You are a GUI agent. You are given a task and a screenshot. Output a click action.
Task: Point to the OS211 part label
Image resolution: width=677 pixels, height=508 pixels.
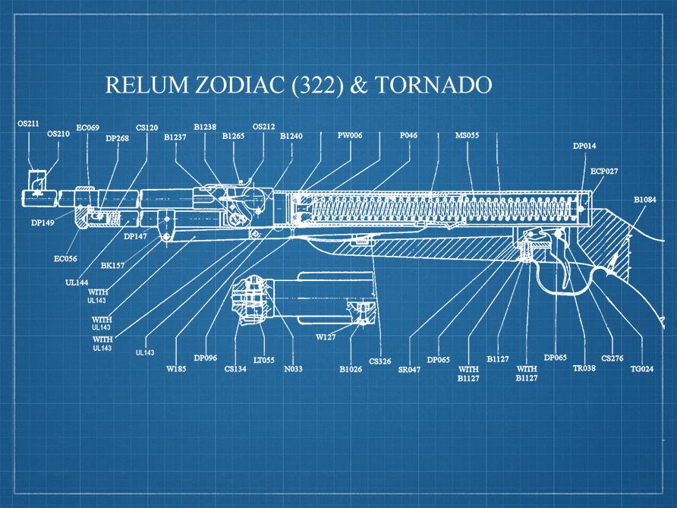tap(30, 123)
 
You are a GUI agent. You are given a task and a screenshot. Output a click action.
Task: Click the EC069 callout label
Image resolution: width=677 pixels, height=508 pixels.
tap(88, 128)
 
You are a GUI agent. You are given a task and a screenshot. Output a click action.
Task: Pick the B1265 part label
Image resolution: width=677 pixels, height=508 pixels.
tap(234, 137)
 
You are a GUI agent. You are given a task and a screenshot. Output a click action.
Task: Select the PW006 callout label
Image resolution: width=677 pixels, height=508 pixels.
tap(350, 136)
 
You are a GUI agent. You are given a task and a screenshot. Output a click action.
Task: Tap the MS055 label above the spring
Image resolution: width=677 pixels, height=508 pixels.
tap(467, 136)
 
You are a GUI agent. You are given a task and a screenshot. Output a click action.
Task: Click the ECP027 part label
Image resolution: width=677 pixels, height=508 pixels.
tap(604, 172)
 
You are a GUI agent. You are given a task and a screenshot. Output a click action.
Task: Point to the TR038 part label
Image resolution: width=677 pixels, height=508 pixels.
tap(584, 368)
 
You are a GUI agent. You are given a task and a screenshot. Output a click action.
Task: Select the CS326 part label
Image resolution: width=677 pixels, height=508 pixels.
tap(380, 361)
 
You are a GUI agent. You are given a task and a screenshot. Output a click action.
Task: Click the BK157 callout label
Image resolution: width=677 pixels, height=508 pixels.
tap(113, 266)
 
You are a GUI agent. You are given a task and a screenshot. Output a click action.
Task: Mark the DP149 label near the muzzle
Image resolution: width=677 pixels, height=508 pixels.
tap(43, 223)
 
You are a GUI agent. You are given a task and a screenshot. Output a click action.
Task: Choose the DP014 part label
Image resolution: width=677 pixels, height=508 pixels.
tap(584, 145)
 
